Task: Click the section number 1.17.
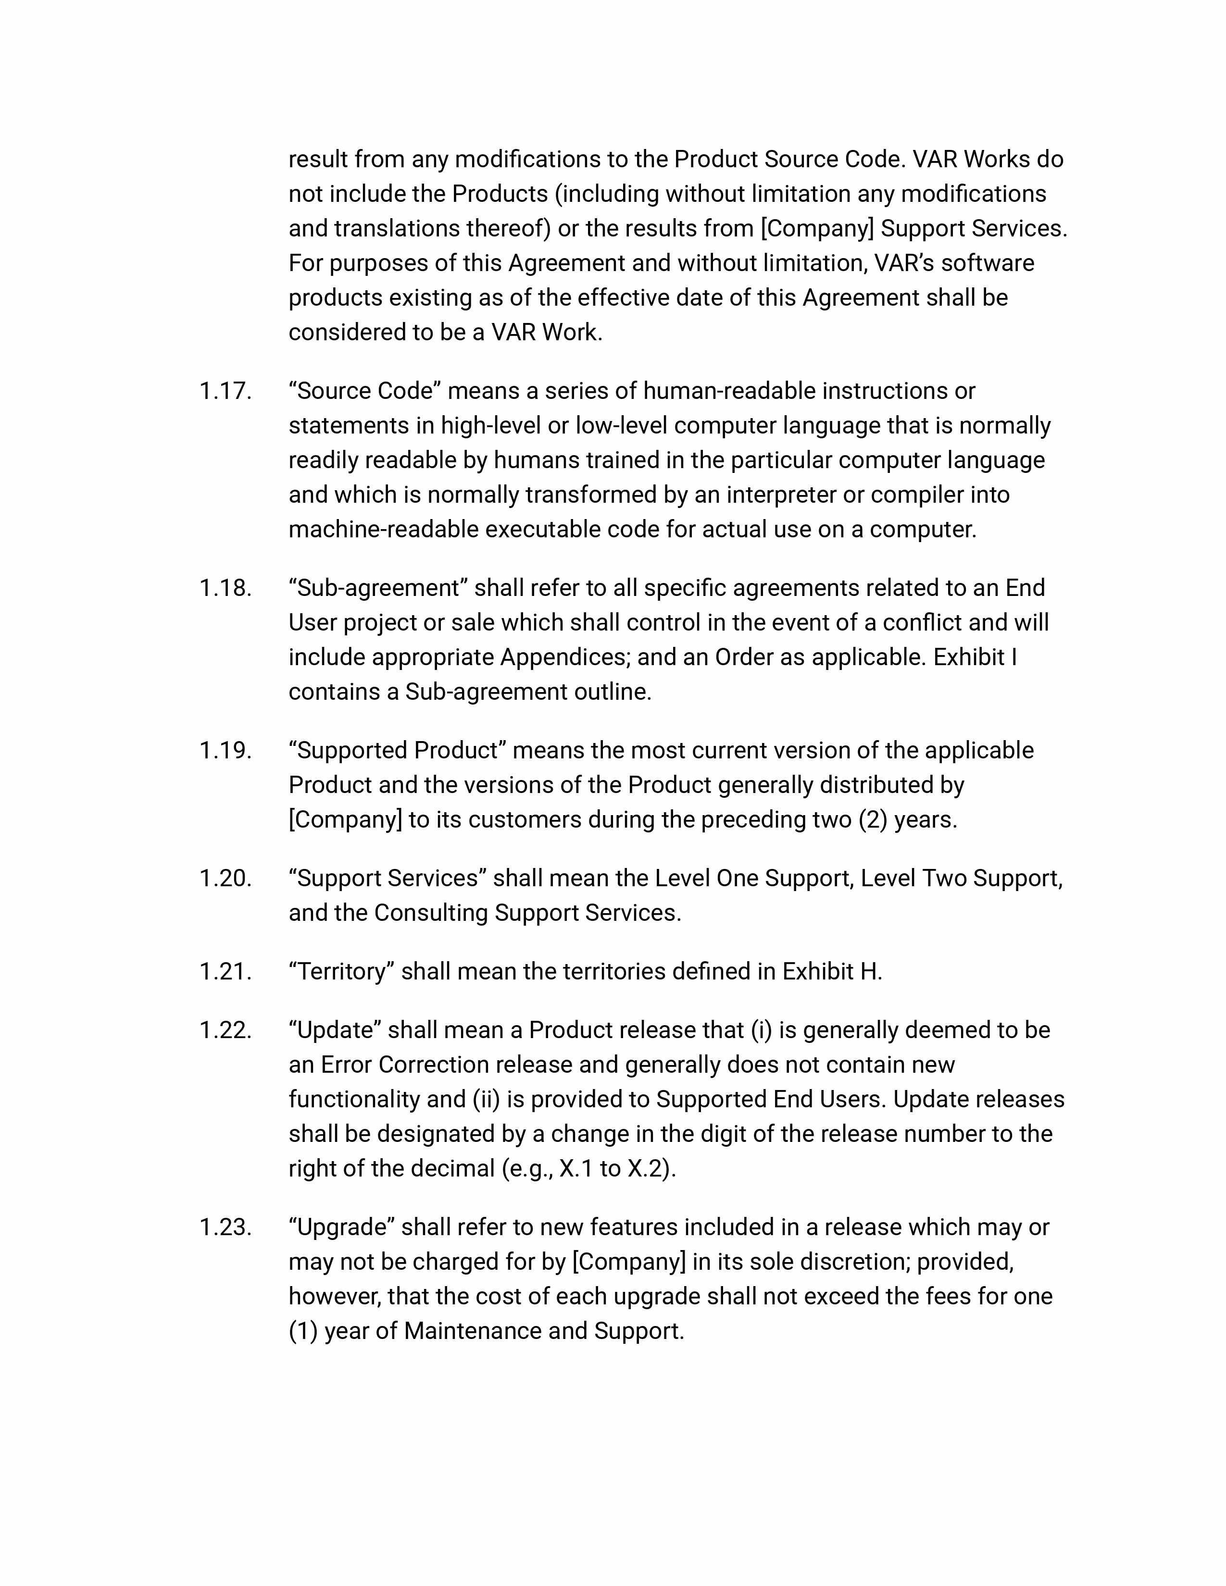pos(225,391)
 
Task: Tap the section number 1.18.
pos(225,588)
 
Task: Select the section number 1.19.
pos(225,751)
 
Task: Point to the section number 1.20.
pos(225,879)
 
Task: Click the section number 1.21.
pos(225,972)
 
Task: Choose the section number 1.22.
pos(225,1030)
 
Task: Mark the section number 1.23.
pos(225,1227)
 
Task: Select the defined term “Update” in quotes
pos(335,1030)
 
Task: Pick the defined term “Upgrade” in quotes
pos(341,1227)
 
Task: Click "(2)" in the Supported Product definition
pos(873,820)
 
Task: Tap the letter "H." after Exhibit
pos(871,972)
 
